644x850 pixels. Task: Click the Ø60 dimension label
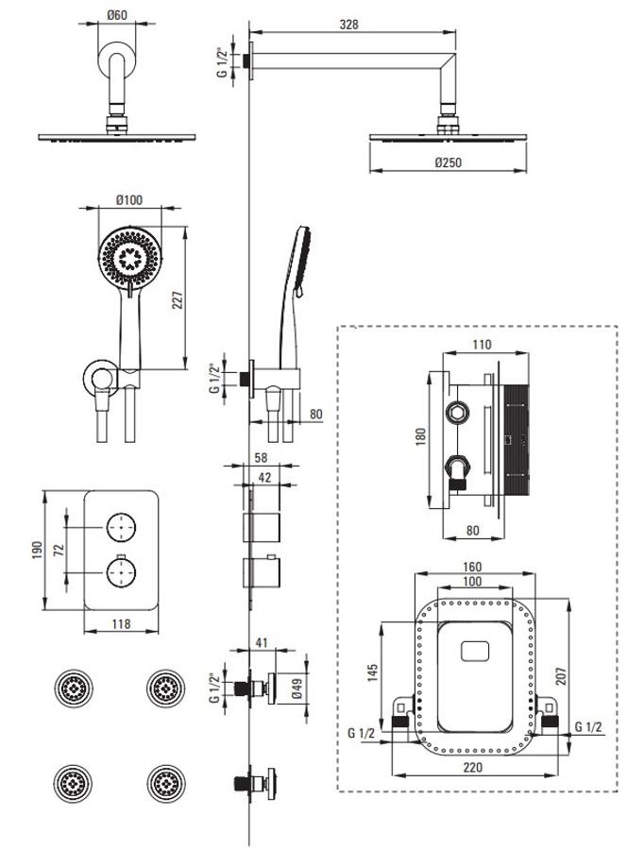tap(117, 14)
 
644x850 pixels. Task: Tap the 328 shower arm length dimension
tap(348, 25)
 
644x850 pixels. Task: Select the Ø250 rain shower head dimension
tap(449, 162)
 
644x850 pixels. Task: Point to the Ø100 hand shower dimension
tap(129, 199)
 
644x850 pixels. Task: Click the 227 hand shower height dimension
tap(178, 299)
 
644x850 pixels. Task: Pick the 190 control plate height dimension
tap(37, 551)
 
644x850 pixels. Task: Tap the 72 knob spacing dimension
tap(59, 550)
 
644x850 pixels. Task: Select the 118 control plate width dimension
tap(121, 624)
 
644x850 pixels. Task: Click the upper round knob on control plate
tap(121, 526)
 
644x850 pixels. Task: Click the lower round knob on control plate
tap(121, 572)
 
